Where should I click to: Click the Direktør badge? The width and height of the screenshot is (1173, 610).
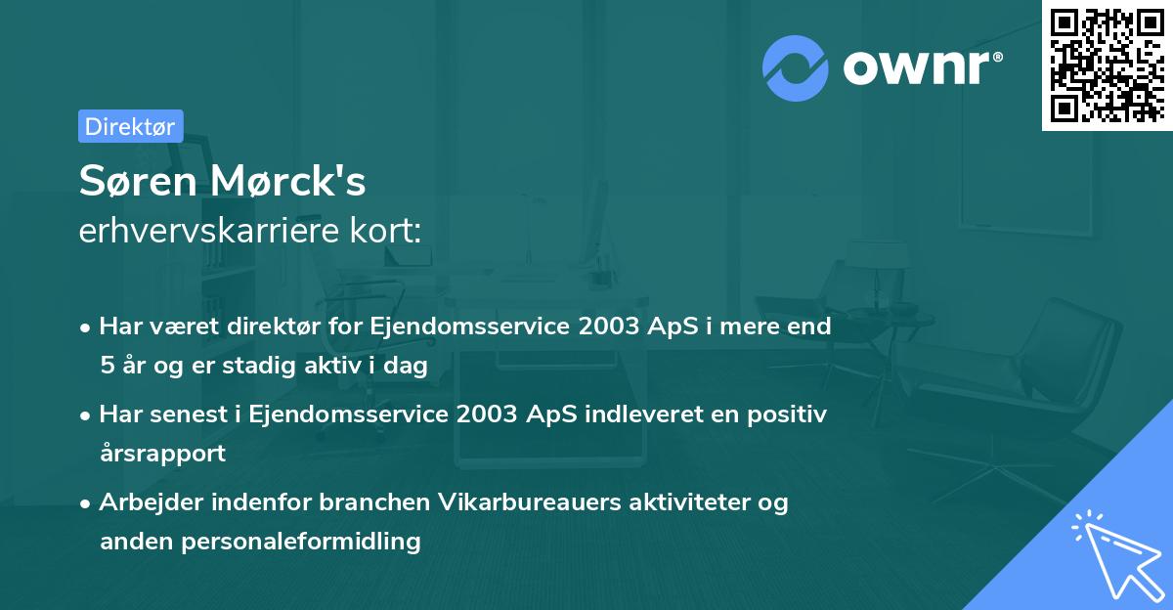coord(130,126)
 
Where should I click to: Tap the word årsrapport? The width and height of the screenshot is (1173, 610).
coord(162,453)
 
